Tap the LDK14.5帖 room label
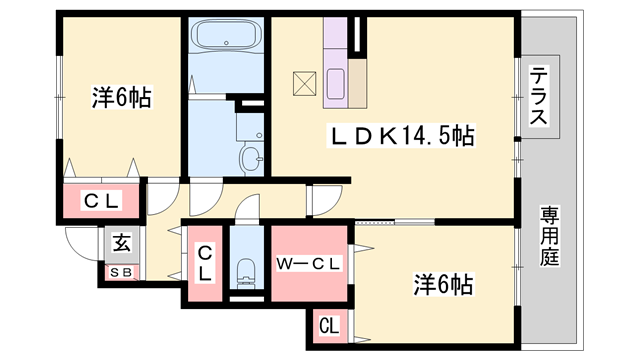(401, 136)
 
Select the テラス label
(539, 97)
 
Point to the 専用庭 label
(549, 237)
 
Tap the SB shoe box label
(121, 273)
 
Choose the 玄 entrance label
(122, 244)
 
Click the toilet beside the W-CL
(246, 272)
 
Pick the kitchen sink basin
(336, 84)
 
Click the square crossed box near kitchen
(304, 84)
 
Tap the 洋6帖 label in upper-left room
(122, 98)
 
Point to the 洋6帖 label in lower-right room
(443, 285)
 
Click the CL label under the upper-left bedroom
(101, 201)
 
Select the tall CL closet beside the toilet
(205, 263)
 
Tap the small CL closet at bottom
(329, 327)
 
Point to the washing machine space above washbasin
(250, 127)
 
